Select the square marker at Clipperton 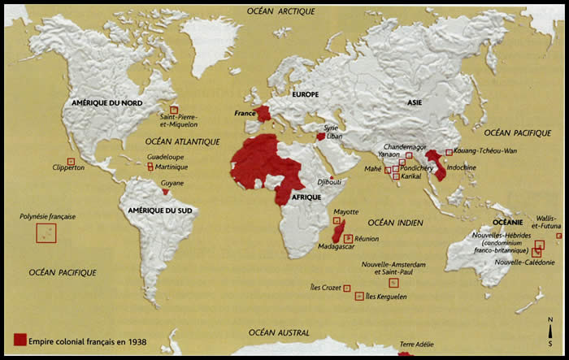71,161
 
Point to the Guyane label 172,183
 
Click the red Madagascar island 342,230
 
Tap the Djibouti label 329,182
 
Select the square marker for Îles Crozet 347,288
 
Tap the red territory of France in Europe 266,116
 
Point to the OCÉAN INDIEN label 394,222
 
